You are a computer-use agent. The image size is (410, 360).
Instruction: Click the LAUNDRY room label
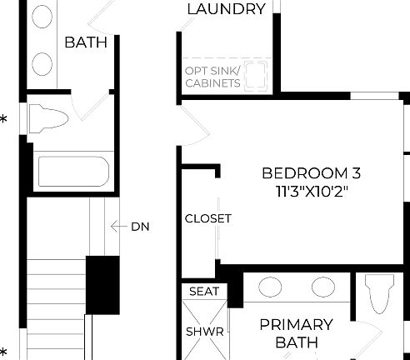pyautogui.click(x=227, y=9)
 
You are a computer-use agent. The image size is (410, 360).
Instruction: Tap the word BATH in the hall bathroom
pyautogui.click(x=86, y=42)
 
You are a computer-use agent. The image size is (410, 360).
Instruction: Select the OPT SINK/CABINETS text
pyautogui.click(x=213, y=77)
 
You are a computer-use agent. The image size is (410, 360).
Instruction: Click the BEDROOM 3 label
pyautogui.click(x=311, y=173)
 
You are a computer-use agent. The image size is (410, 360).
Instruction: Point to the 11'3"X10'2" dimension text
pyautogui.click(x=311, y=192)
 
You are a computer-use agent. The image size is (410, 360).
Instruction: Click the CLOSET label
pyautogui.click(x=208, y=218)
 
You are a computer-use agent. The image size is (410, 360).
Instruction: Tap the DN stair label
pyautogui.click(x=139, y=226)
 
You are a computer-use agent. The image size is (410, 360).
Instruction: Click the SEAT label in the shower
pyautogui.click(x=204, y=292)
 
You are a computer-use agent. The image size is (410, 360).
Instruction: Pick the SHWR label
pyautogui.click(x=204, y=331)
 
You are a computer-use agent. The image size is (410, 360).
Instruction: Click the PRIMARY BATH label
pyautogui.click(x=296, y=332)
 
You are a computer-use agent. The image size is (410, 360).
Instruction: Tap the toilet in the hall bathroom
pyautogui.click(x=48, y=118)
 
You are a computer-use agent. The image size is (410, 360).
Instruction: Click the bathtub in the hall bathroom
pyautogui.click(x=72, y=173)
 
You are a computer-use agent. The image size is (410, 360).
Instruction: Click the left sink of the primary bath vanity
pyautogui.click(x=270, y=287)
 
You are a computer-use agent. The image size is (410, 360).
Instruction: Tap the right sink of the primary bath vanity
pyautogui.click(x=324, y=287)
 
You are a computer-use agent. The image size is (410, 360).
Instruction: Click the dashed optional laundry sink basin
pyautogui.click(x=259, y=73)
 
